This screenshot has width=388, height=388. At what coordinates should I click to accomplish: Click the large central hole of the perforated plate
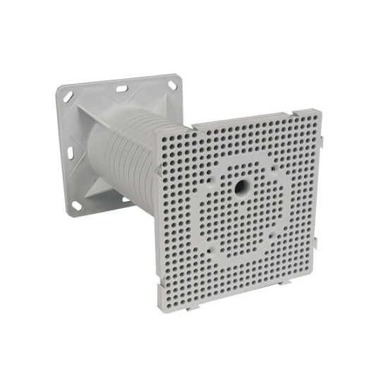[x=241, y=188]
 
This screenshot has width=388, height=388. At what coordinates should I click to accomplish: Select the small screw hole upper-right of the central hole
[x=271, y=169]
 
